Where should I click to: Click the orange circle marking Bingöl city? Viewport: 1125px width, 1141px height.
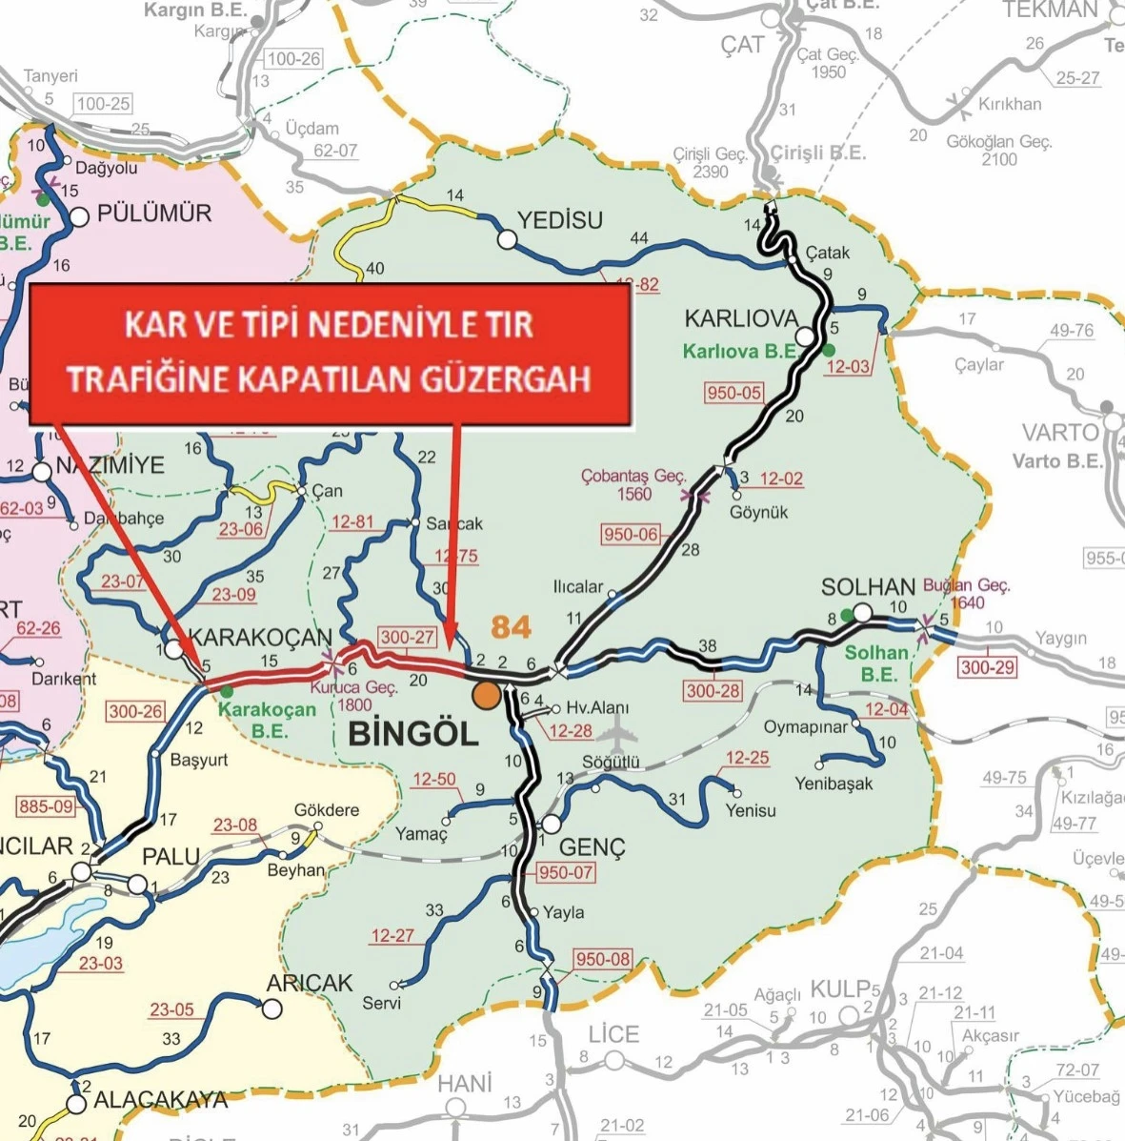click(486, 695)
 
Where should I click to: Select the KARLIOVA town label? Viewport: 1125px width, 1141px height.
click(740, 317)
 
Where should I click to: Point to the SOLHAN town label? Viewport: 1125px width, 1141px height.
click(868, 587)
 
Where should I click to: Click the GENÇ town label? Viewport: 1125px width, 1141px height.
click(592, 847)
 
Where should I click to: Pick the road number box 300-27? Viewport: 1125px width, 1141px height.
click(408, 638)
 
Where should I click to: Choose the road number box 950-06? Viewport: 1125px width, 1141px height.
click(631, 534)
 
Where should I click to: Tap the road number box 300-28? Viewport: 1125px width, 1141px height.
click(713, 690)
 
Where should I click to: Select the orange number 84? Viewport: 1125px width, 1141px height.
click(511, 626)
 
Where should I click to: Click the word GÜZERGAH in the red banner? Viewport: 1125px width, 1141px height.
click(514, 378)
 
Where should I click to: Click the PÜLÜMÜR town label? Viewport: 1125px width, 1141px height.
click(154, 213)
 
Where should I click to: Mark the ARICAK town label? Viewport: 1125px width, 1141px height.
click(310, 983)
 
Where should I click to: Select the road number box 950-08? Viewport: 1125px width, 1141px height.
click(602, 959)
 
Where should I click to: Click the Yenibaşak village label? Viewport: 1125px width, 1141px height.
click(834, 784)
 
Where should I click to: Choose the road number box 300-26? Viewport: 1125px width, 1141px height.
click(135, 711)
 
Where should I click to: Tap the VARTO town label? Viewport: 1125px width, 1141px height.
click(1059, 432)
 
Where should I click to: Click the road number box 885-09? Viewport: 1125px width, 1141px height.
click(46, 806)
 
